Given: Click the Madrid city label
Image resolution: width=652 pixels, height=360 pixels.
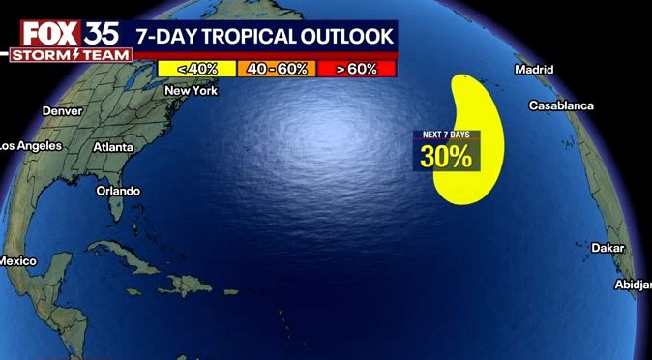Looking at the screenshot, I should pos(534,70).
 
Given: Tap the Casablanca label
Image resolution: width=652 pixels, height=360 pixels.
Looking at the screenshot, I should pos(561,105).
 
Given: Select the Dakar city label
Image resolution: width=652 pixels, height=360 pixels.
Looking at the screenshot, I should pos(608,248).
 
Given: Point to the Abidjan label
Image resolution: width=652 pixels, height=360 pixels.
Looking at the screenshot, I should pos(633,284).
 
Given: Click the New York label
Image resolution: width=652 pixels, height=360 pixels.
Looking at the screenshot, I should pos(192,90).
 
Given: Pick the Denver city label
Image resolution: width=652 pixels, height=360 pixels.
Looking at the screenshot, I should pos(63,110).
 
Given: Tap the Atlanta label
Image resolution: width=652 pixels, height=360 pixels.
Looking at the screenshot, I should pos(112,147).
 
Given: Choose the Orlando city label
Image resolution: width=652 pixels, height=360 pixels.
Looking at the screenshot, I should pos(118,191).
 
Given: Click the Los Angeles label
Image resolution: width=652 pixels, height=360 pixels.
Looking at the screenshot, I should pos(31,145).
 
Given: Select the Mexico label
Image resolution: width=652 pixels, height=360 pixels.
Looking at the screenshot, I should pos(17,261).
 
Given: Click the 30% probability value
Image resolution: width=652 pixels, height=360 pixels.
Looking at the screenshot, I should pos(446,156).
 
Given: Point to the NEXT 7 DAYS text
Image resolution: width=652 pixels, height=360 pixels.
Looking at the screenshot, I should pos(445,135).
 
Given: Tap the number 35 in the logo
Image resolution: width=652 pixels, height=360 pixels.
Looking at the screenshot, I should pos(102,32).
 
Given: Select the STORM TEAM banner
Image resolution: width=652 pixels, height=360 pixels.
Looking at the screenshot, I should pos(70,55).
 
